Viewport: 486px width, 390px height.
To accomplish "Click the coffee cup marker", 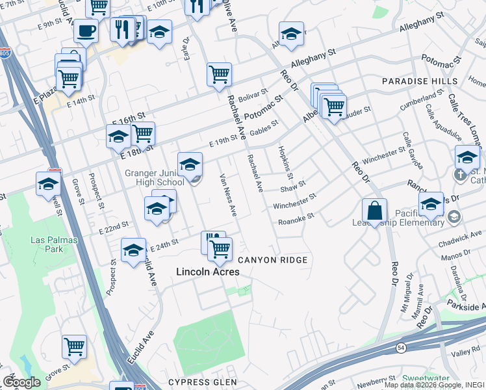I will point(86,31).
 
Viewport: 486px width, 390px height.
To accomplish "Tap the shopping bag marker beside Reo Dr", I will point(375,211).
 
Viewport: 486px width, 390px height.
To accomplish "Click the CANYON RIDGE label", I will point(272,260).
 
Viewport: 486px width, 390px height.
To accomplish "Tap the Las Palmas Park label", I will point(55,244).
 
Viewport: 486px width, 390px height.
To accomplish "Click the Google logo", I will point(21,382).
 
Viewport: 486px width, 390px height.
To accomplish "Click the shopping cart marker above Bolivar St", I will point(220,74).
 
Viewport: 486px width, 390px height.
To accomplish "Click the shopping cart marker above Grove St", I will point(75,346).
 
